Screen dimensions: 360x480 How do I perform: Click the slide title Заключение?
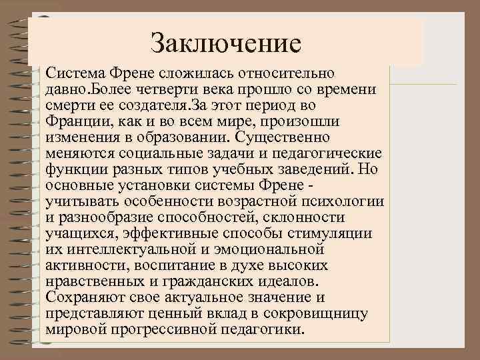(x=226, y=43)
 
